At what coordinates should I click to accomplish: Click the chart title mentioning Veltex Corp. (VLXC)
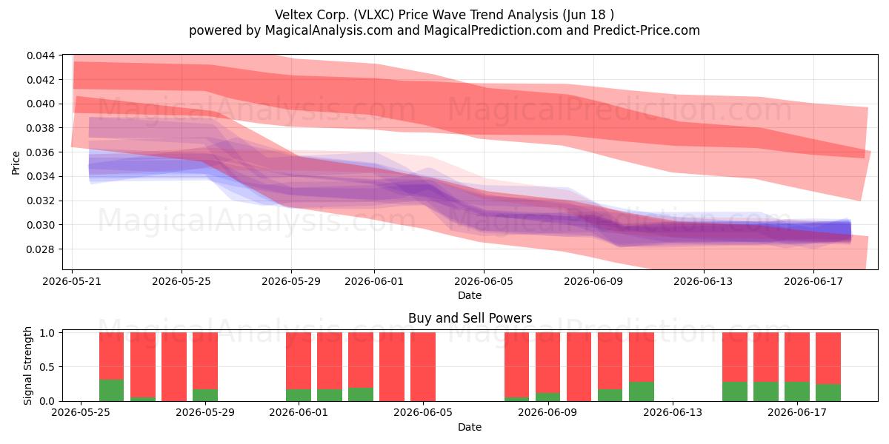click(444, 15)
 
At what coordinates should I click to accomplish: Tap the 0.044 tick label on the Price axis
click(41, 55)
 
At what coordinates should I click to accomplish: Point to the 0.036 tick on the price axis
click(41, 152)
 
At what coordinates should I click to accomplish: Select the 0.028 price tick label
click(41, 249)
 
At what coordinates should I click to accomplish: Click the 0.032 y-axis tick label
click(41, 201)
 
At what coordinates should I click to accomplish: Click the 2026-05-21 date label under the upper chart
click(72, 281)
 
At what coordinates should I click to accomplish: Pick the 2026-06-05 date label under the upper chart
click(484, 281)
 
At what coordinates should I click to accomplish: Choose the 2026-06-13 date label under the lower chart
click(673, 413)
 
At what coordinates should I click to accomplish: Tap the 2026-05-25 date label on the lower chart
click(81, 413)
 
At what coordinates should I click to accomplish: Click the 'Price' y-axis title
click(16, 163)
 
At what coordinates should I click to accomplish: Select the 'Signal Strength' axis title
click(27, 366)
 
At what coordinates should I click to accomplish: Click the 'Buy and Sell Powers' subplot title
click(470, 318)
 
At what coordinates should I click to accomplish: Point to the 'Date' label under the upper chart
click(470, 295)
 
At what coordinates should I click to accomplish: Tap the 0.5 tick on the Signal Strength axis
click(47, 367)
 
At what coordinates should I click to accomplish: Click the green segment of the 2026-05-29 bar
click(205, 395)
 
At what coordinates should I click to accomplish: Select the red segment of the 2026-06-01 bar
click(299, 361)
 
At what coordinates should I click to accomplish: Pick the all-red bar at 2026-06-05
click(423, 367)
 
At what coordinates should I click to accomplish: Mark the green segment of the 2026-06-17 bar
click(797, 391)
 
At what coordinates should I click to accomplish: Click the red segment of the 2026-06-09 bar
click(548, 363)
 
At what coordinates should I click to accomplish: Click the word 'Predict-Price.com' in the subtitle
click(647, 30)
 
